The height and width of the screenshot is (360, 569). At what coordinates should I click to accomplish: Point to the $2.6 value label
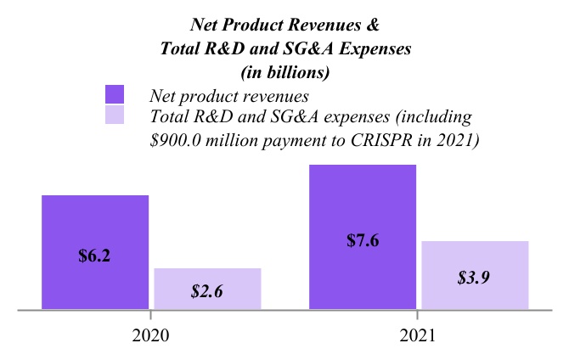coord(207,291)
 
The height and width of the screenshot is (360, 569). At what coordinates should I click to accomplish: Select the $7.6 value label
coord(363,240)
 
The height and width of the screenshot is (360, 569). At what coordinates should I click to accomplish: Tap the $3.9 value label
coord(474,278)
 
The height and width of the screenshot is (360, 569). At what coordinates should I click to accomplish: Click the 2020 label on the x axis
coord(150,335)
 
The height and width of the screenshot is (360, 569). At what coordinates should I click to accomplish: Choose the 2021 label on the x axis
coord(418,335)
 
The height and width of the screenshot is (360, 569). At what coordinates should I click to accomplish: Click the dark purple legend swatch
coord(114,94)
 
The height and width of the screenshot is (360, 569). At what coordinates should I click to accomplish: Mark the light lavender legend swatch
coord(114,115)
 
